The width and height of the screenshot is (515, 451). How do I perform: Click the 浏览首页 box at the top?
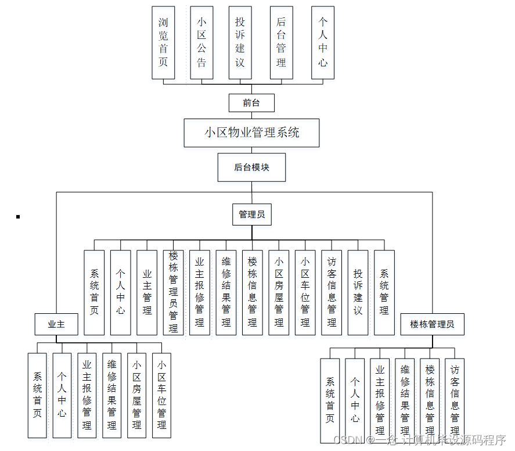click(x=163, y=42)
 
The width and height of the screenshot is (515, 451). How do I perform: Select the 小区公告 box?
click(x=201, y=42)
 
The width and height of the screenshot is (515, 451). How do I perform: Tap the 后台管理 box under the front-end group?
click(x=281, y=42)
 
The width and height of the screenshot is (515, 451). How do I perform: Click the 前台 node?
click(x=251, y=103)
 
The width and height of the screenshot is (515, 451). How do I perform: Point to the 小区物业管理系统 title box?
click(x=251, y=133)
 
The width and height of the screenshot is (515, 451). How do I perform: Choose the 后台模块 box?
click(x=251, y=167)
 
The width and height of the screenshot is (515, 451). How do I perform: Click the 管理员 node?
click(x=251, y=214)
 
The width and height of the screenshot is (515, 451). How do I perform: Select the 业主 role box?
click(x=56, y=324)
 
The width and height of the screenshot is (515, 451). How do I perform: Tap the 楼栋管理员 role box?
click(x=432, y=324)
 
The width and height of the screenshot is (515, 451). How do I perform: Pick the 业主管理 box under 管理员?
click(x=147, y=292)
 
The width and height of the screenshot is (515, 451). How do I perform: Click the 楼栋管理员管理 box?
click(x=173, y=292)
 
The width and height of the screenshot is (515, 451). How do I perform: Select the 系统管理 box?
click(x=384, y=292)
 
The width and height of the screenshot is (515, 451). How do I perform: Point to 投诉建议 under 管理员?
click(x=358, y=292)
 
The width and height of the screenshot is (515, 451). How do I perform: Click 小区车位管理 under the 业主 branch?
click(x=161, y=395)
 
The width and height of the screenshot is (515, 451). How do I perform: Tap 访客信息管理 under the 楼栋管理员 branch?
click(x=455, y=398)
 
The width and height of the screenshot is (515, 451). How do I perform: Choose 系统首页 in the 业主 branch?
click(x=37, y=395)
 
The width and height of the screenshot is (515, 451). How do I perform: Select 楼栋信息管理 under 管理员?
click(x=252, y=292)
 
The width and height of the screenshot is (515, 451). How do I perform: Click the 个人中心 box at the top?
click(x=323, y=42)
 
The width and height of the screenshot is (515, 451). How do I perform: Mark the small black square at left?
click(x=18, y=217)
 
